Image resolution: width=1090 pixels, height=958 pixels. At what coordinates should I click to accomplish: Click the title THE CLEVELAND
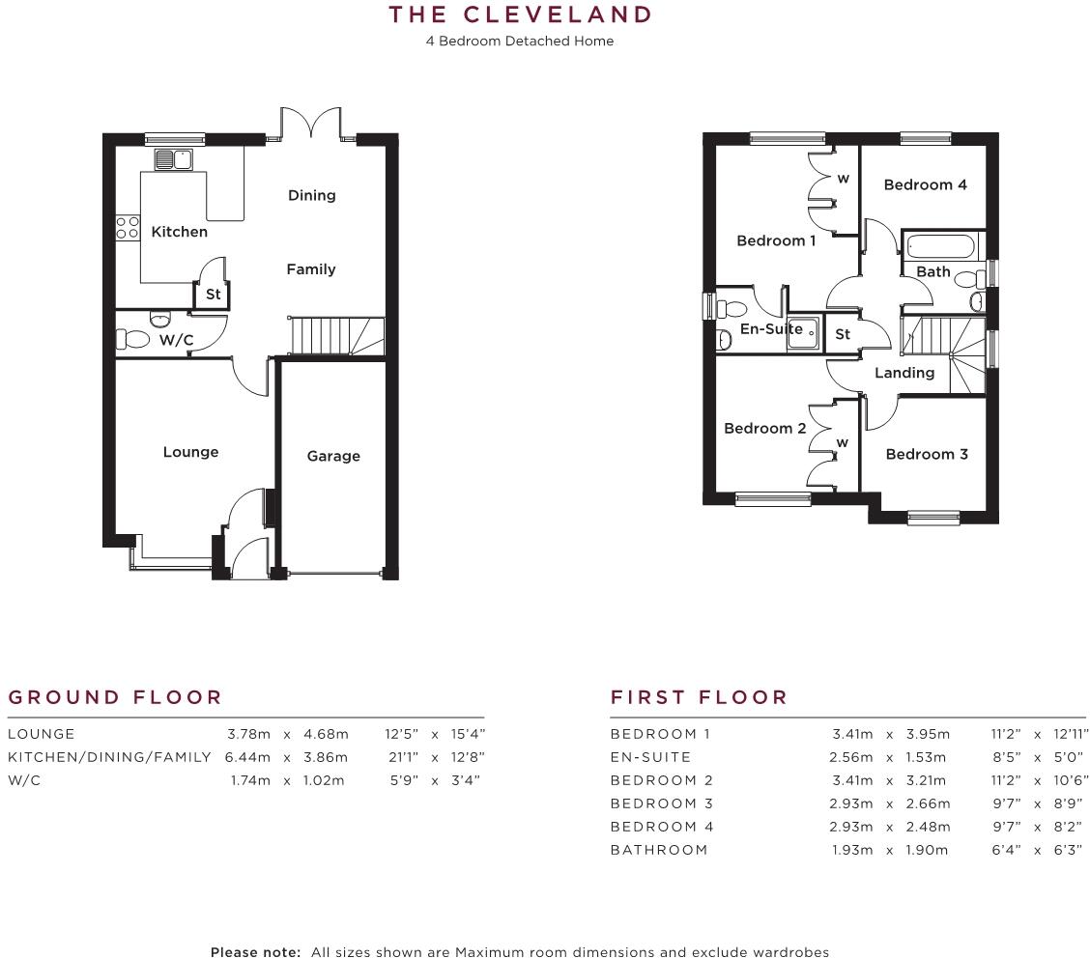(x=520, y=15)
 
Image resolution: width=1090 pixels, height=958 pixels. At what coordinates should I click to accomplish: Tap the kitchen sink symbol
(x=174, y=159)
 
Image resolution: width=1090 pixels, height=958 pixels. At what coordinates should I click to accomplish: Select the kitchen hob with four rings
(x=128, y=227)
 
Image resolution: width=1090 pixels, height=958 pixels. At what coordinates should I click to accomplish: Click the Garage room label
(x=333, y=456)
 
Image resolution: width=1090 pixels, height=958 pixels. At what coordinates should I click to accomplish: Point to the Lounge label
(x=190, y=452)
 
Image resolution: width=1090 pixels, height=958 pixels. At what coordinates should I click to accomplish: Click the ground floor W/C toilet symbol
(x=133, y=339)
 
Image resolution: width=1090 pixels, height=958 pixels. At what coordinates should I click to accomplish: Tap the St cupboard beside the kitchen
(x=213, y=294)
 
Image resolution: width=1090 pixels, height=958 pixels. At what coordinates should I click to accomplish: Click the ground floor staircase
(x=335, y=336)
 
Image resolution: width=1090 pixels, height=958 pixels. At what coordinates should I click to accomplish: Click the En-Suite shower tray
(x=806, y=333)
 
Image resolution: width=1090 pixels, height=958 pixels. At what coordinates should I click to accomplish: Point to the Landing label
(x=904, y=373)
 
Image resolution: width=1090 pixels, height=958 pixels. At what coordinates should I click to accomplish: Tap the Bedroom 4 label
(x=925, y=184)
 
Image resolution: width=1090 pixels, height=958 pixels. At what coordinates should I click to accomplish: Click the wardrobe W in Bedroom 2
(x=842, y=442)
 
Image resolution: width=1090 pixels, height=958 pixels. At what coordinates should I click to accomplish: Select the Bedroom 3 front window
(x=932, y=517)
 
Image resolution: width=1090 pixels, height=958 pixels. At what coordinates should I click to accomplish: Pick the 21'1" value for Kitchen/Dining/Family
(x=405, y=757)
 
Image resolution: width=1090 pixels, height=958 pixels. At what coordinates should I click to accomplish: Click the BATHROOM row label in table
(x=659, y=850)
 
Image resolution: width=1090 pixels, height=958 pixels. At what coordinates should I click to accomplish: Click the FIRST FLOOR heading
(x=699, y=697)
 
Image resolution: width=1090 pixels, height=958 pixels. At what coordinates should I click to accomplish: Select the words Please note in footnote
(x=255, y=951)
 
